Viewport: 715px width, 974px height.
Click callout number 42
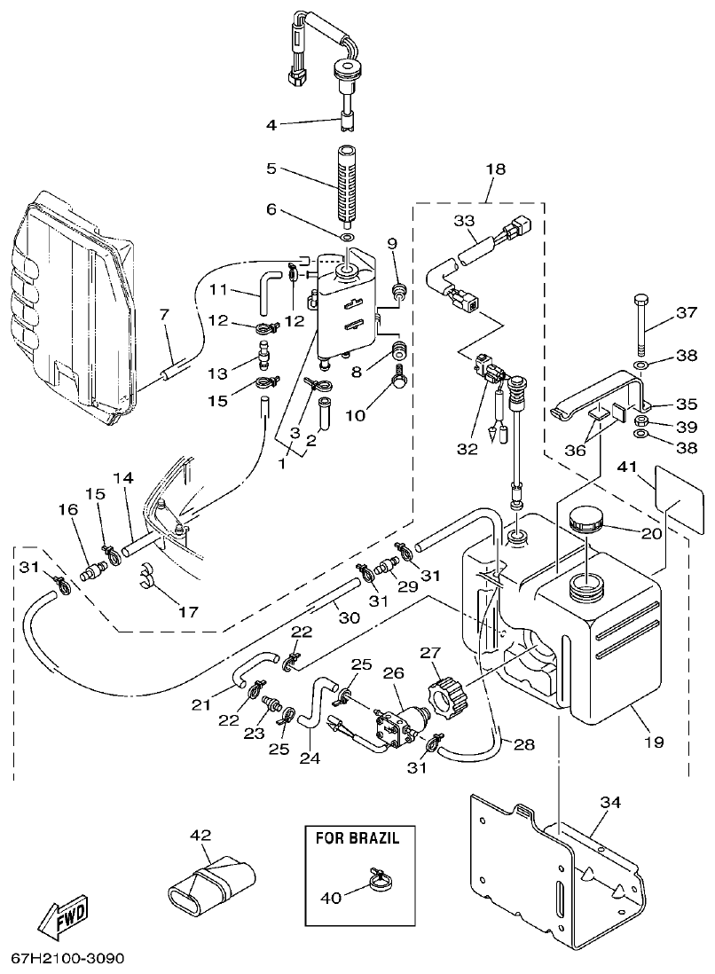[200, 834]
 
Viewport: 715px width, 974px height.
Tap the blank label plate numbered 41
[672, 490]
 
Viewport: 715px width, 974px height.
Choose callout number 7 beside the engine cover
[163, 314]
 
